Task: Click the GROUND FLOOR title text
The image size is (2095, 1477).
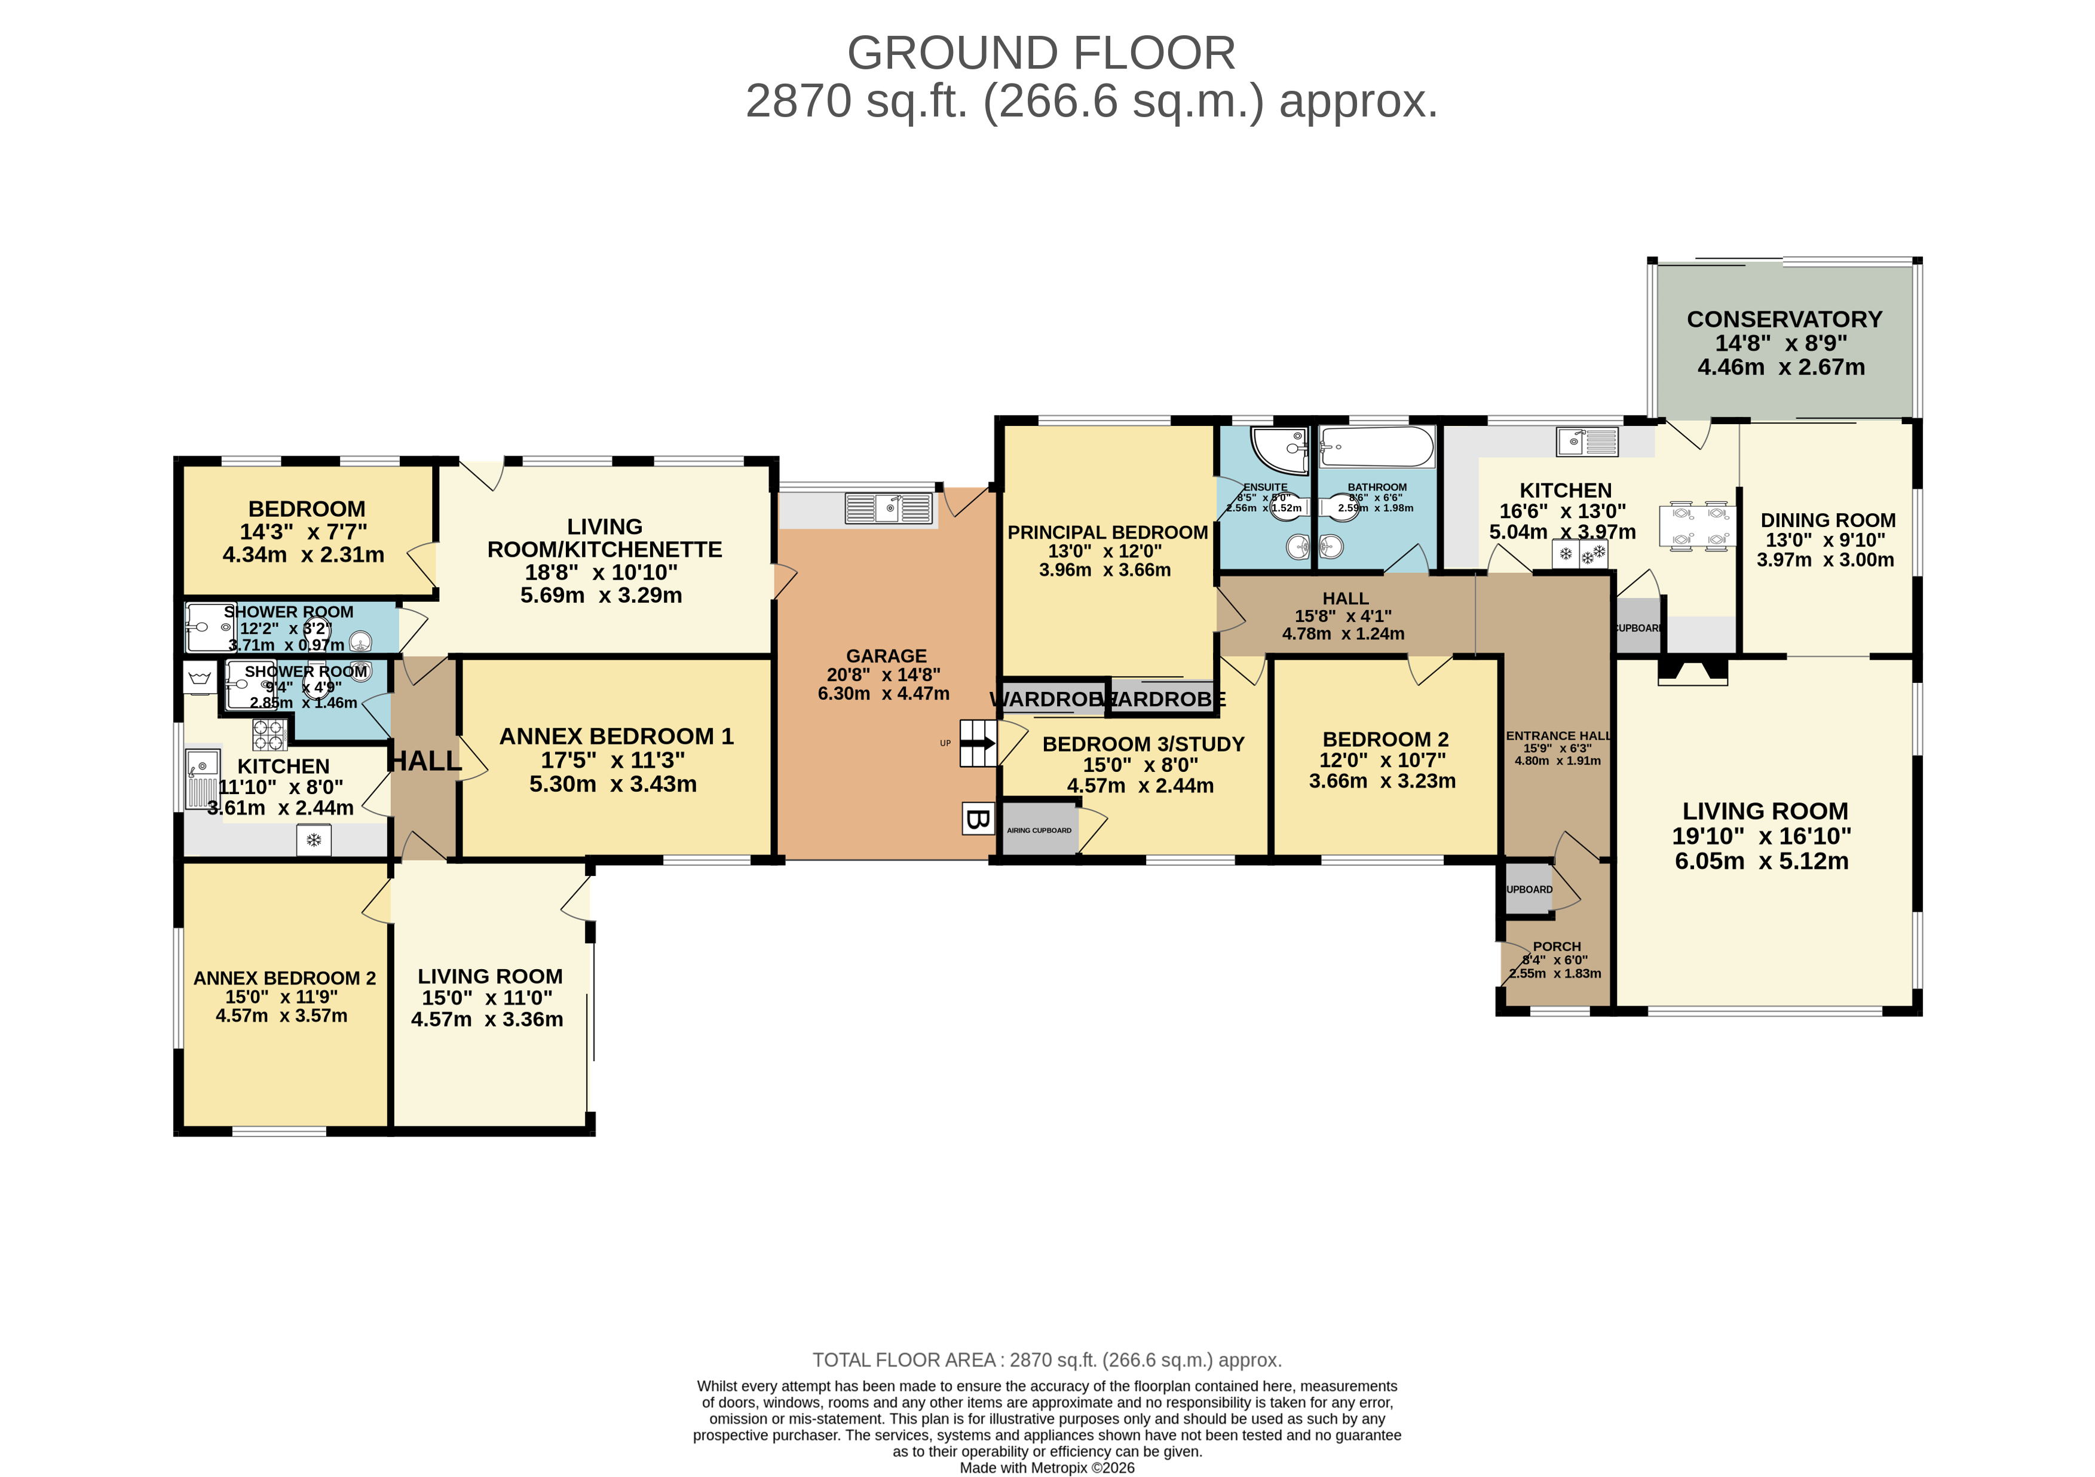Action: [1040, 53]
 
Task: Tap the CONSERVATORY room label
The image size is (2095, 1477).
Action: [1784, 319]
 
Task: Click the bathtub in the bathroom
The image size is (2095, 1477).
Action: [1376, 447]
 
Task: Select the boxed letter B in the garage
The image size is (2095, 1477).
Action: [977, 819]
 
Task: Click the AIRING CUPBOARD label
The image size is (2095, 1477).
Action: [1039, 830]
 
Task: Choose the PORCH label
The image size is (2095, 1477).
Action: [1557, 946]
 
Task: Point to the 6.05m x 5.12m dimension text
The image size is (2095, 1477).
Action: [1761, 860]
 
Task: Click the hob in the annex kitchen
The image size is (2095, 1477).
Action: [269, 734]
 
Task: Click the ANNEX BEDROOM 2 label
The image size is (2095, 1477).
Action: [284, 978]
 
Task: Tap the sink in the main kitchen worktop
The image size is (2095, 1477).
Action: [1586, 443]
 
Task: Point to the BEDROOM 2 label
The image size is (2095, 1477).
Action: [1385, 739]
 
